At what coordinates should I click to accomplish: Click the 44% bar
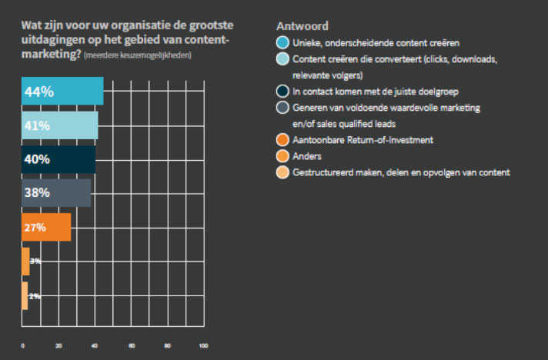pyautogui.click(x=62, y=92)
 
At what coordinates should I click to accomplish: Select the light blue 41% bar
pyautogui.click(x=60, y=125)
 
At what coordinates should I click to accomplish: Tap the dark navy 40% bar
pyautogui.click(x=58, y=159)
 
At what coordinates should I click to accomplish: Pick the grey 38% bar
pyautogui.click(x=56, y=193)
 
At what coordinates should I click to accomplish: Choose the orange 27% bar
pyautogui.click(x=46, y=227)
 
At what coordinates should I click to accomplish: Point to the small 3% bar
pyautogui.click(x=25, y=262)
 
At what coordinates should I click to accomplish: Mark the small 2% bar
pyautogui.click(x=25, y=296)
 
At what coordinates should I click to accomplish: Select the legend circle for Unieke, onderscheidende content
pyautogui.click(x=282, y=42)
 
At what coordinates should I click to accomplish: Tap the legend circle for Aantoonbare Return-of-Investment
pyautogui.click(x=282, y=140)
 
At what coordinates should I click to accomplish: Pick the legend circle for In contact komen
pyautogui.click(x=282, y=92)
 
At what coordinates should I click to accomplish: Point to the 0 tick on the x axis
pyautogui.click(x=22, y=346)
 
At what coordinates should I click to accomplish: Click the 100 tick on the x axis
pyautogui.click(x=203, y=346)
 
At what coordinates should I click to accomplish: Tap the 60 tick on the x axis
pyautogui.click(x=132, y=346)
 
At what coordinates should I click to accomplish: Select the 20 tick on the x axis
pyautogui.click(x=59, y=346)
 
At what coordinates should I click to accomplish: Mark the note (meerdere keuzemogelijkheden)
pyautogui.click(x=138, y=56)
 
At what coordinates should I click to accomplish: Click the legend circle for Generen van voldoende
pyautogui.click(x=282, y=108)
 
